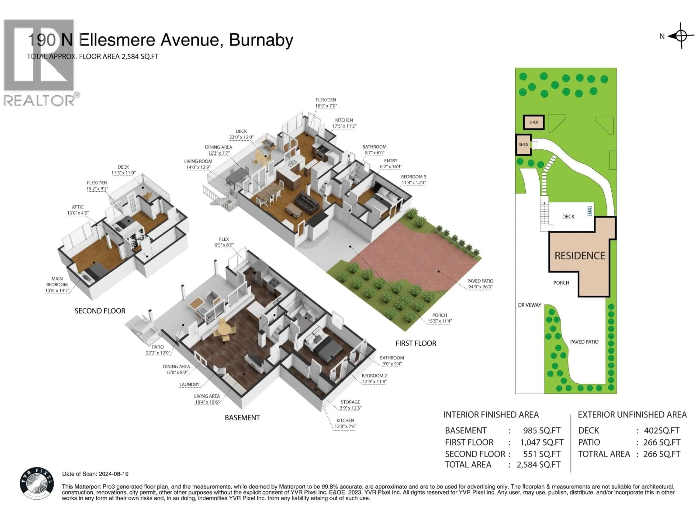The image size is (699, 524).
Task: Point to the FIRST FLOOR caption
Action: (416, 343)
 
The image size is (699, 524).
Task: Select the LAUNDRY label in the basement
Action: (189, 385)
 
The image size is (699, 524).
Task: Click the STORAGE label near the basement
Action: (350, 402)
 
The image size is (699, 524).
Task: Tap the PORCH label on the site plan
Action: (561, 283)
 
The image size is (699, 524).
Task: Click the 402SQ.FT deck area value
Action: (662, 430)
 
